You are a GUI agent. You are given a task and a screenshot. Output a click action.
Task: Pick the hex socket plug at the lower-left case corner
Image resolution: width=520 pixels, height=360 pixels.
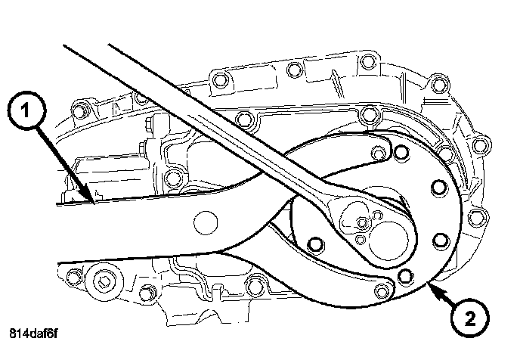pyautogui.click(x=104, y=284)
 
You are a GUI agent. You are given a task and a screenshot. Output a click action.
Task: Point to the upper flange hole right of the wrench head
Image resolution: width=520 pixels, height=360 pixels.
pyautogui.click(x=436, y=187)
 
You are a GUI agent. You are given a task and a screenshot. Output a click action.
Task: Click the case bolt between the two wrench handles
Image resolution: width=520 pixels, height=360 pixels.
pyautogui.click(x=243, y=119)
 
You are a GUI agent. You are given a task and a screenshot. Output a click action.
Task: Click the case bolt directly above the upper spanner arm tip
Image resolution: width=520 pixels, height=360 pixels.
pyautogui.click(x=368, y=115)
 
